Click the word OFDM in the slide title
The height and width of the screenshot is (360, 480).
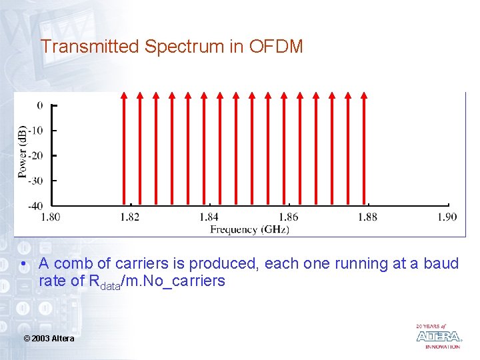point(276,47)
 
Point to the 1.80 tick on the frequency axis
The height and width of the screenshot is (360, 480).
point(51,217)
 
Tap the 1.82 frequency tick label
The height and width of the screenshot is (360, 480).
point(130,217)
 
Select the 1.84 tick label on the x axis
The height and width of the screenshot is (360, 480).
point(209,217)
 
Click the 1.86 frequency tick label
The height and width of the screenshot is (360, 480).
point(289,217)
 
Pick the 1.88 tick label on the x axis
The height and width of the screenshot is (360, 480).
point(367,217)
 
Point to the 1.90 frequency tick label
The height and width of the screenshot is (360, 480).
point(447,217)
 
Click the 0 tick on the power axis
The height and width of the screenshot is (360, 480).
point(40,105)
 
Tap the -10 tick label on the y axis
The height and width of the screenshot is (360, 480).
point(36,131)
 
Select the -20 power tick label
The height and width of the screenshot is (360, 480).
point(36,155)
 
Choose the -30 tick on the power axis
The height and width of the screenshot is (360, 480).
point(36,181)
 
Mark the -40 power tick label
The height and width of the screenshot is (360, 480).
point(36,205)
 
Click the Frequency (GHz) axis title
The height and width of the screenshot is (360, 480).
point(249,229)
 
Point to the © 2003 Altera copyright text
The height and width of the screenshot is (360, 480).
point(49,339)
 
